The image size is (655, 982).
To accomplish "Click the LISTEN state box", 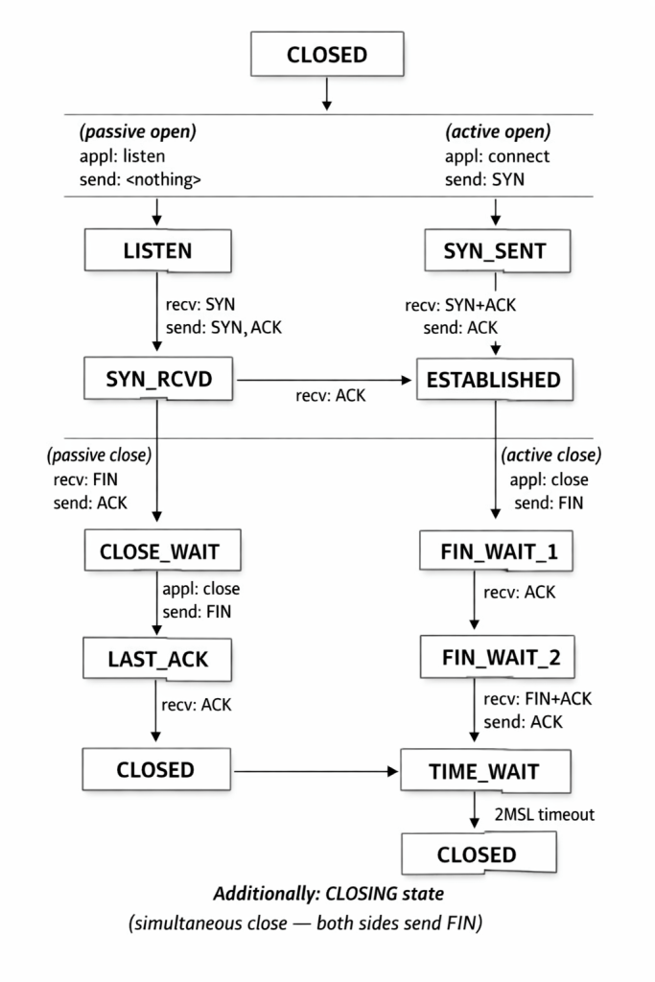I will (x=158, y=251).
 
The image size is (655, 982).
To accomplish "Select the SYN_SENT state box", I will (x=495, y=251).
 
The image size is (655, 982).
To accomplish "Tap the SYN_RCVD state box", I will (x=158, y=381).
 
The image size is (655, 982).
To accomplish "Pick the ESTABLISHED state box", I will (x=495, y=381).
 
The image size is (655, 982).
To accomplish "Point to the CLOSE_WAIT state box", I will (x=158, y=553).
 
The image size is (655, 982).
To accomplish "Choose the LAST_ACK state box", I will (x=158, y=660).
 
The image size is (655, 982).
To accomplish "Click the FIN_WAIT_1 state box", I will (x=495, y=553).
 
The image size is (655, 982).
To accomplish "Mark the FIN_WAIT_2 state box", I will (x=495, y=660).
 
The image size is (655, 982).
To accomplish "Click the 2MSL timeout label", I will (x=545, y=815).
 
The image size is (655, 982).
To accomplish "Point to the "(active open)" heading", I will (x=498, y=130).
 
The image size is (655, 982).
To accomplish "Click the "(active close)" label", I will (x=550, y=454).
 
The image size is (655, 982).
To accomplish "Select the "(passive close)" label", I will (x=100, y=454).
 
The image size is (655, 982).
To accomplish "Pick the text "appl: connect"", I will (x=497, y=155).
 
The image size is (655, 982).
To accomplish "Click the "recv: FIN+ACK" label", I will (x=537, y=698).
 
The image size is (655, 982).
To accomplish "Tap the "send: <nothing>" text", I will (x=141, y=180).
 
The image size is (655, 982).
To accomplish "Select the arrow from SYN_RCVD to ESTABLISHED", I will (x=326, y=381).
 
